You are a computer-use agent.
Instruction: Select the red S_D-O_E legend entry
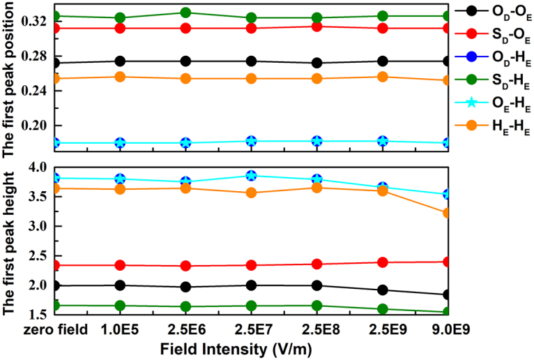coord(491,33)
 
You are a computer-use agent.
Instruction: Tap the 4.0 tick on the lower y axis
coord(36,167)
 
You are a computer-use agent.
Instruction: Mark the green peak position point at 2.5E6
coord(185,13)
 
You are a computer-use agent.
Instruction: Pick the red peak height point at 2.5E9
coord(383,262)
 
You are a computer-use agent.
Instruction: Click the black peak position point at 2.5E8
coord(317,63)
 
